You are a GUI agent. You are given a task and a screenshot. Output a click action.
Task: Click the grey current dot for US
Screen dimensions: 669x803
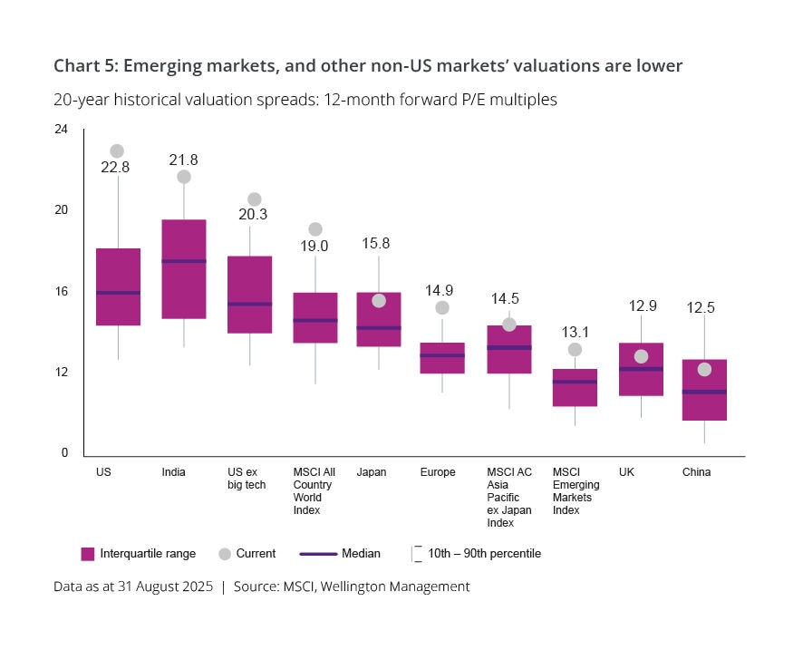pos(117,151)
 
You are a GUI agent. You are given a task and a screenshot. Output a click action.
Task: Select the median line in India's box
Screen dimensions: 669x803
pos(184,261)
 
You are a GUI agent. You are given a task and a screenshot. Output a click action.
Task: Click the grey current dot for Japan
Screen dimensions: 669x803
pos(379,300)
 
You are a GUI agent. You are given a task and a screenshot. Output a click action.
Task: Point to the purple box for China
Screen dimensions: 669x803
pos(704,390)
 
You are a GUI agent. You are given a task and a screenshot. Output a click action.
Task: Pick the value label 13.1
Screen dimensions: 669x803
pos(575,331)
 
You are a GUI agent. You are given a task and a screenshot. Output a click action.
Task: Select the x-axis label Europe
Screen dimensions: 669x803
pos(438,472)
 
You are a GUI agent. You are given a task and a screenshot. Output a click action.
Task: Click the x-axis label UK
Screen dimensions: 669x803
pos(626,472)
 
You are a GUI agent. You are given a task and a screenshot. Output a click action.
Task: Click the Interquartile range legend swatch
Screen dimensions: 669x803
pos(88,553)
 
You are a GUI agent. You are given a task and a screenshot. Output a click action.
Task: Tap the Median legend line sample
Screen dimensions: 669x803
pos(316,553)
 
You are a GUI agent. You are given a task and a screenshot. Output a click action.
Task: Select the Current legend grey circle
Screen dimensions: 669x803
pos(225,553)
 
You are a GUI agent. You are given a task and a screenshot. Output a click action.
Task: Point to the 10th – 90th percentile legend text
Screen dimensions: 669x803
pos(484,553)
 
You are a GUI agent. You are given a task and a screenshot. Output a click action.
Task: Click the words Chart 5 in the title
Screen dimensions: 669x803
pos(83,65)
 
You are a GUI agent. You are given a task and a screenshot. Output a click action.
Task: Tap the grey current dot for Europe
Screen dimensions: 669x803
pos(442,308)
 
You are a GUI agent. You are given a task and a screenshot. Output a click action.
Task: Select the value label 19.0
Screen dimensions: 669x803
pos(314,246)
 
